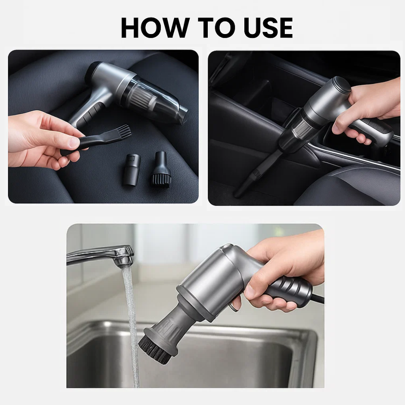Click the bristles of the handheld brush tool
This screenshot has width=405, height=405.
124,132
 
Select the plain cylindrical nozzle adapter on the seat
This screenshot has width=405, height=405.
131,169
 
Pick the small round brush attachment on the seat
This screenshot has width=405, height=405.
161,172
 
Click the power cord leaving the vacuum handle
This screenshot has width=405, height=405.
318,299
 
